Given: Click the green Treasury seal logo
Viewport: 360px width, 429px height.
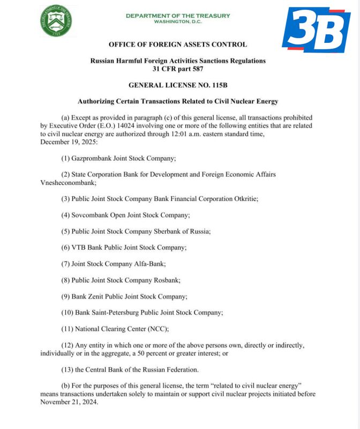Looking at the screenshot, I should click(56, 21).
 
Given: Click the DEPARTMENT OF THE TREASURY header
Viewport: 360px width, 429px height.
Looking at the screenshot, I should click(178, 16).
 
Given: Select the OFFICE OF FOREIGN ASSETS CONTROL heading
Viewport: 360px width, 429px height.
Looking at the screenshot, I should click(178, 45).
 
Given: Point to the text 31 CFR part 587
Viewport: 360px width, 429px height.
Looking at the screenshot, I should click(178, 69).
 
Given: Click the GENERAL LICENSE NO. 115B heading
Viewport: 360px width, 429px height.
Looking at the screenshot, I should click(178, 85).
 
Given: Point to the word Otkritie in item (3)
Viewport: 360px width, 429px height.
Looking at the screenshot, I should click(246, 198).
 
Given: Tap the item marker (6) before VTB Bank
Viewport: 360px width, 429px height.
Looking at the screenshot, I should click(66, 247).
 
